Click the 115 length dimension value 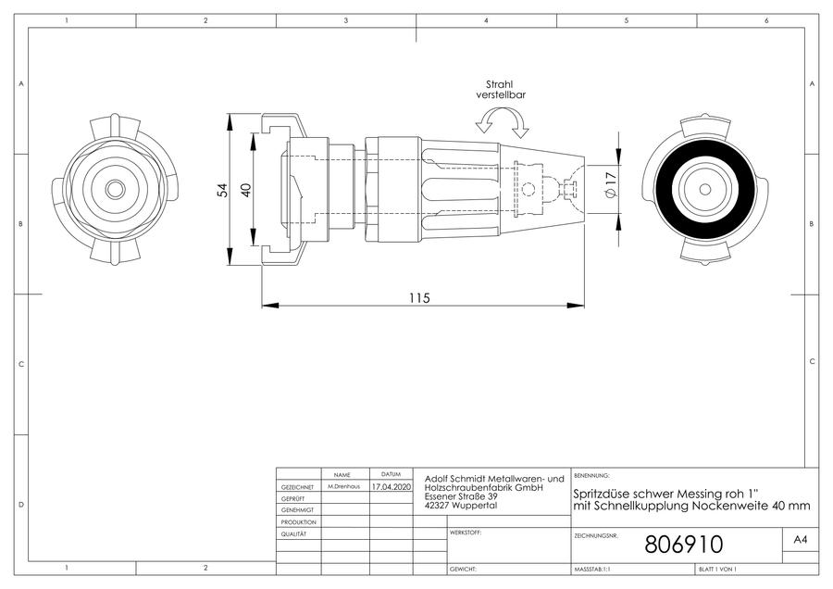[x=419, y=298]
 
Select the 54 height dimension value [x=224, y=190]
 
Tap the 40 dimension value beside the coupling [x=246, y=190]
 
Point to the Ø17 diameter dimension [x=611, y=185]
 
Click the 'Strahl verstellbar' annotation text [x=501, y=89]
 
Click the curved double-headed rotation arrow [x=502, y=120]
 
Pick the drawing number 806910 [x=684, y=545]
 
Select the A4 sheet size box [x=800, y=540]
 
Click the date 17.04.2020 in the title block [x=391, y=486]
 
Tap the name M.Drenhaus [x=343, y=486]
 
